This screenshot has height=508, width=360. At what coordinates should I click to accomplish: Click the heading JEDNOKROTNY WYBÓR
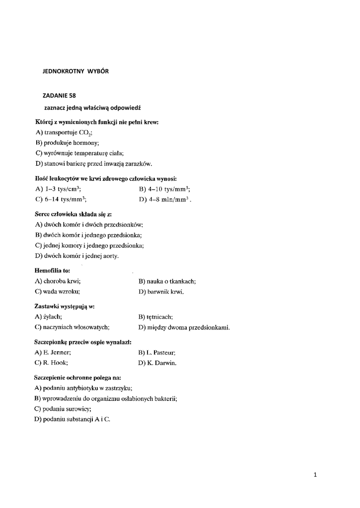pos(75,71)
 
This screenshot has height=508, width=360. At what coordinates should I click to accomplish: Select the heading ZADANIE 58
pos(60,95)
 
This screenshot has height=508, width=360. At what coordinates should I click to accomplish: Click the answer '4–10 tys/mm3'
pos(165,189)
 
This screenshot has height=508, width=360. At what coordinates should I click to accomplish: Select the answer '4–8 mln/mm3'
pos(165,199)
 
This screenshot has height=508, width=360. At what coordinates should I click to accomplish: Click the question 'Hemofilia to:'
pos(52,271)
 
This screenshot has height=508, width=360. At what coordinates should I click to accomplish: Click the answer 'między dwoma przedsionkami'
pos(184,327)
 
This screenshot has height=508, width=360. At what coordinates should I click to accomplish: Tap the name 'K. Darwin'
pos(158,363)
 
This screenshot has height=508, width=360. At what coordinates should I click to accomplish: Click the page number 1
pos(315,475)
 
